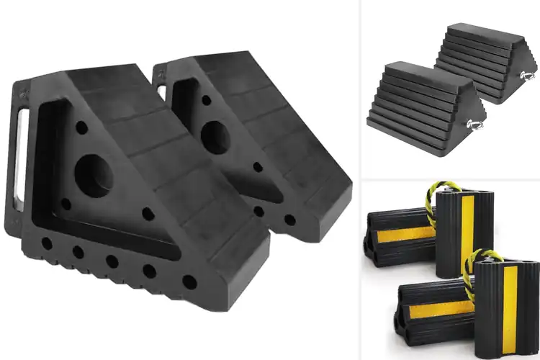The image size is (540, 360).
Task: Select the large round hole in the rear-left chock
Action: (x=213, y=136)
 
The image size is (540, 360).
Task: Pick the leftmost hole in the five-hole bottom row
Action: (x=48, y=242)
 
